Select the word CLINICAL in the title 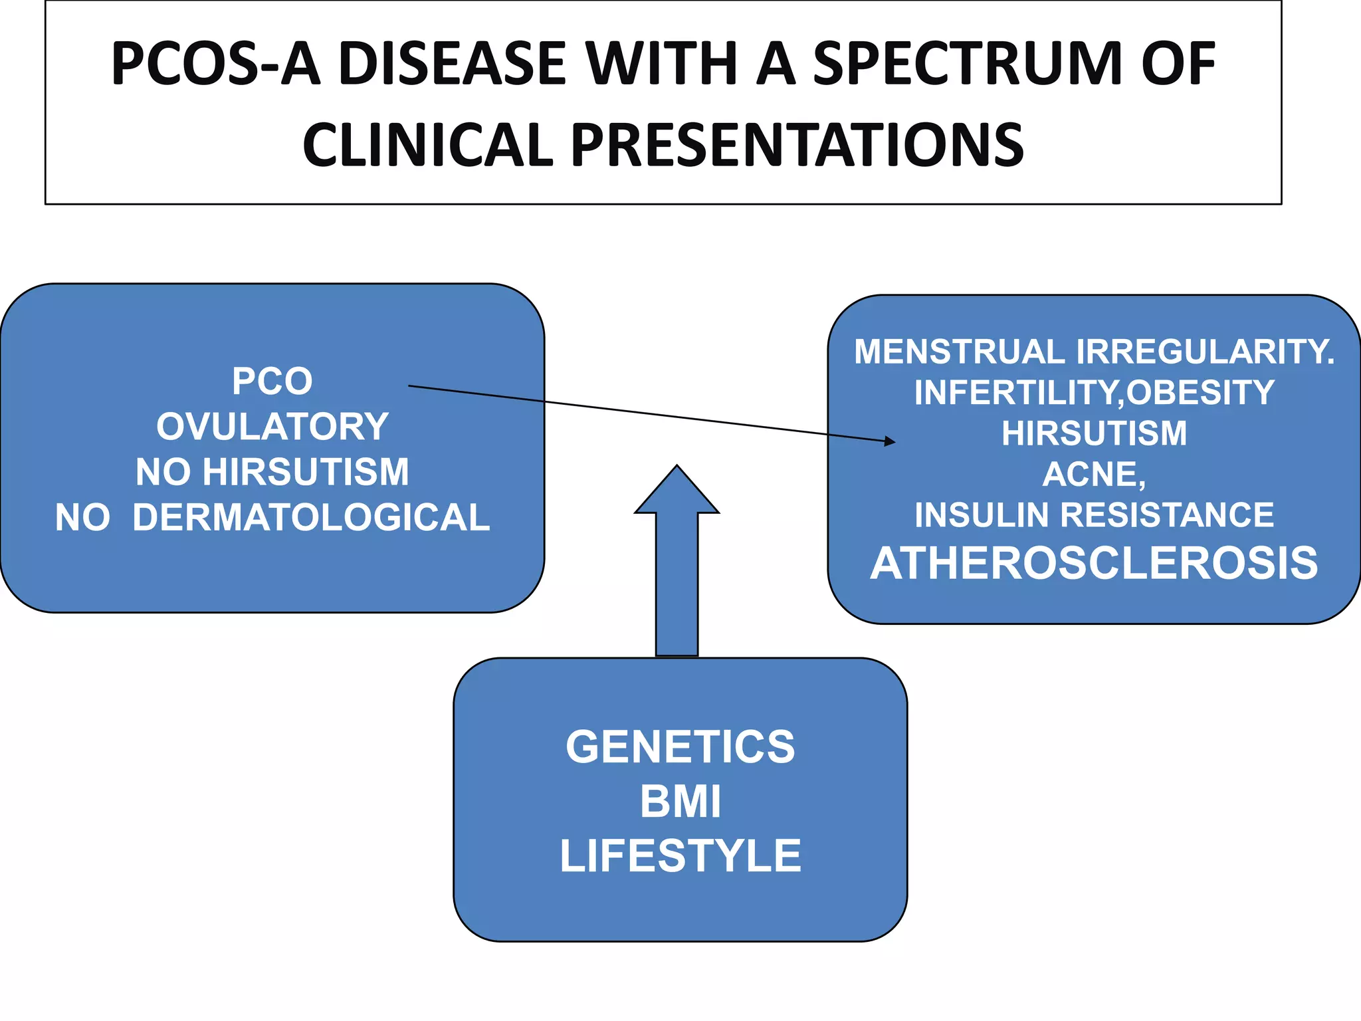(x=427, y=146)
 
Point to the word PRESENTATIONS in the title (x=797, y=146)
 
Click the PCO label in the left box (x=272, y=382)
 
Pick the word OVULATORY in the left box (x=272, y=427)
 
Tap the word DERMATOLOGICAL (x=311, y=518)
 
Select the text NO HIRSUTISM (x=272, y=472)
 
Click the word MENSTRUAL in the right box (x=959, y=352)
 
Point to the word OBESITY (x=1200, y=392)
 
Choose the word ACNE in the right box (x=1090, y=475)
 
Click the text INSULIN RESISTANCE (x=1094, y=515)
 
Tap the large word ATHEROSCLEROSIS (x=1094, y=564)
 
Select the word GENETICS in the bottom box (x=680, y=746)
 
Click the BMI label (x=680, y=802)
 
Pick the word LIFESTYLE (x=680, y=856)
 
